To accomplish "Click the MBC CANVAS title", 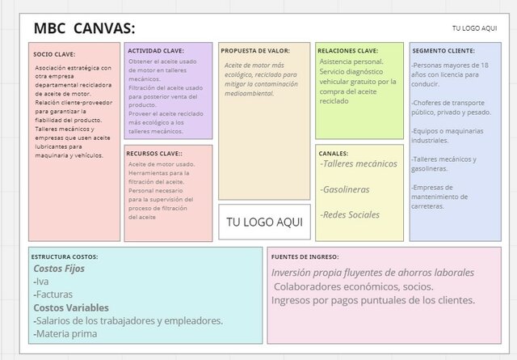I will (x=84, y=29).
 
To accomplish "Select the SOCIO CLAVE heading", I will (x=53, y=54).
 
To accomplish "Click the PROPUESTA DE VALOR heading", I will (x=254, y=51).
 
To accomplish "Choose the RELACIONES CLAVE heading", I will (x=347, y=50).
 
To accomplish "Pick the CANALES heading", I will (x=334, y=152).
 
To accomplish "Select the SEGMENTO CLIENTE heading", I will (x=444, y=50).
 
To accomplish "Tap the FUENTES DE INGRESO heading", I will (x=311, y=256).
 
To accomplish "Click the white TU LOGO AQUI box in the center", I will (x=264, y=222).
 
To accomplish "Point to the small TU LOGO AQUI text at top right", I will (x=474, y=28).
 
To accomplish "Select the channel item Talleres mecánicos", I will (x=359, y=164).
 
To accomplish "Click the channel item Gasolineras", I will (x=345, y=189).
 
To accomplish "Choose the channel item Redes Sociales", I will (x=350, y=214).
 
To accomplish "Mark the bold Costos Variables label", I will (x=71, y=307).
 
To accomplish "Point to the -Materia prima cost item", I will (x=66, y=333).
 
